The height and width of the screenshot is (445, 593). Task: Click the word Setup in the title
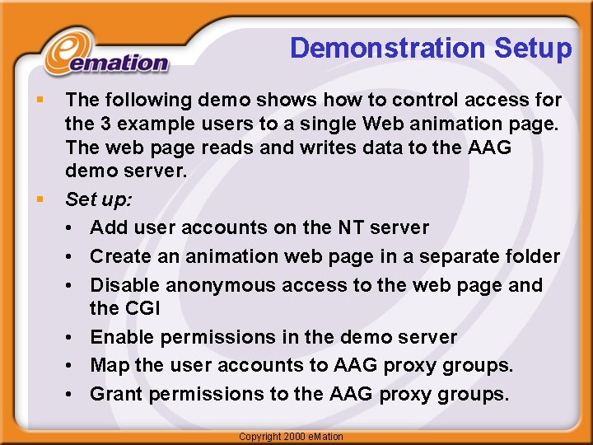coord(533,49)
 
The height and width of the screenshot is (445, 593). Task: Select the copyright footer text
coord(290,436)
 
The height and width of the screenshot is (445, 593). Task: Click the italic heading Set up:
coord(97,199)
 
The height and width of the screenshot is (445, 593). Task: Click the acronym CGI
coord(142,308)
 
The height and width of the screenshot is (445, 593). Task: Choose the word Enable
coord(123,337)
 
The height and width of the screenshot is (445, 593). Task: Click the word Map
coord(109,365)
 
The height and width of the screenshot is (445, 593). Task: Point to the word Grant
coord(116,394)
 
